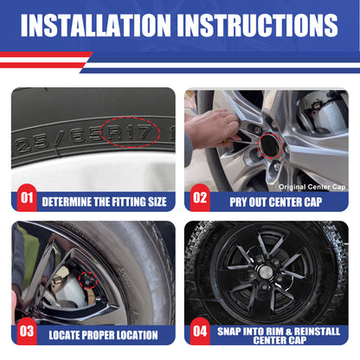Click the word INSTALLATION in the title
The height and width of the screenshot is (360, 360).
pyautogui.click(x=96, y=25)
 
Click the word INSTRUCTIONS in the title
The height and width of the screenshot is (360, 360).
pyautogui.click(x=257, y=25)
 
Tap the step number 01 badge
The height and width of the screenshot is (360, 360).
pyautogui.click(x=27, y=198)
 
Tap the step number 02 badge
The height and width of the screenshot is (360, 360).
pyautogui.click(x=200, y=198)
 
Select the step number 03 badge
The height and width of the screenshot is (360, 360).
pyautogui.click(x=27, y=331)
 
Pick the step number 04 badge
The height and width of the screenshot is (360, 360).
pyautogui.click(x=200, y=331)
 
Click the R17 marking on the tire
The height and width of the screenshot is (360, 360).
pyautogui.click(x=130, y=132)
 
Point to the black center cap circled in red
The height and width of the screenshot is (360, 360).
pyautogui.click(x=269, y=146)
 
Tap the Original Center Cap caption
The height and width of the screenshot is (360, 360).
pyautogui.click(x=312, y=187)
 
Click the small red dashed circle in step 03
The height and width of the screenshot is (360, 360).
pyautogui.click(x=88, y=280)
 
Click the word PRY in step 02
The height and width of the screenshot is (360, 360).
pyautogui.click(x=238, y=202)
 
